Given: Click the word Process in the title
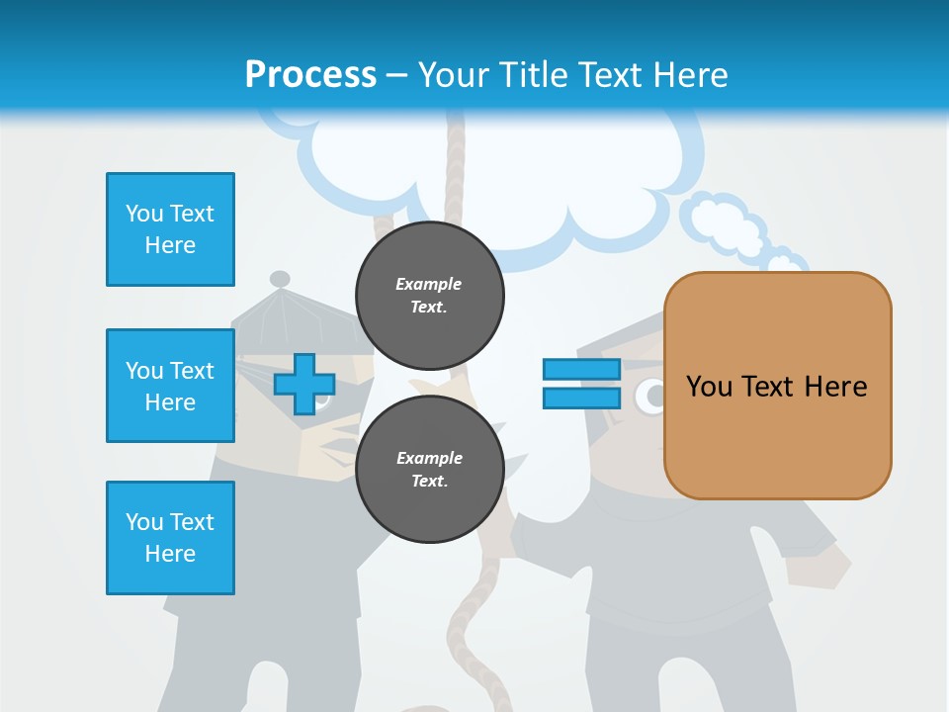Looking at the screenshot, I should [x=310, y=74].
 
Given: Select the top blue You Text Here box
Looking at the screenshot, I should [x=170, y=229].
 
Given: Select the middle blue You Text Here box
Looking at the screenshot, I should [x=170, y=386].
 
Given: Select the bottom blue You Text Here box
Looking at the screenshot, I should [x=170, y=538].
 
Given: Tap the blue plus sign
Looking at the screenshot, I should [x=304, y=385].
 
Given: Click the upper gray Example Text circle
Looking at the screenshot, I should [x=429, y=295].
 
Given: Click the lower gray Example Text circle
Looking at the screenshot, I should [x=429, y=469].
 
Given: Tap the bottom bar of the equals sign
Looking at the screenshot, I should [x=581, y=398].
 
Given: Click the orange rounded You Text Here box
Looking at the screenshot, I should [x=777, y=386].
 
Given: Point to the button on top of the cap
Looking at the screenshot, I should [x=280, y=279].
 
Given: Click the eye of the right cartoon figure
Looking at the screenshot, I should [x=650, y=397].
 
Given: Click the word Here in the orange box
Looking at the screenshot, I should [x=836, y=386].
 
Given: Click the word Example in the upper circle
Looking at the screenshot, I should [x=429, y=284].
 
